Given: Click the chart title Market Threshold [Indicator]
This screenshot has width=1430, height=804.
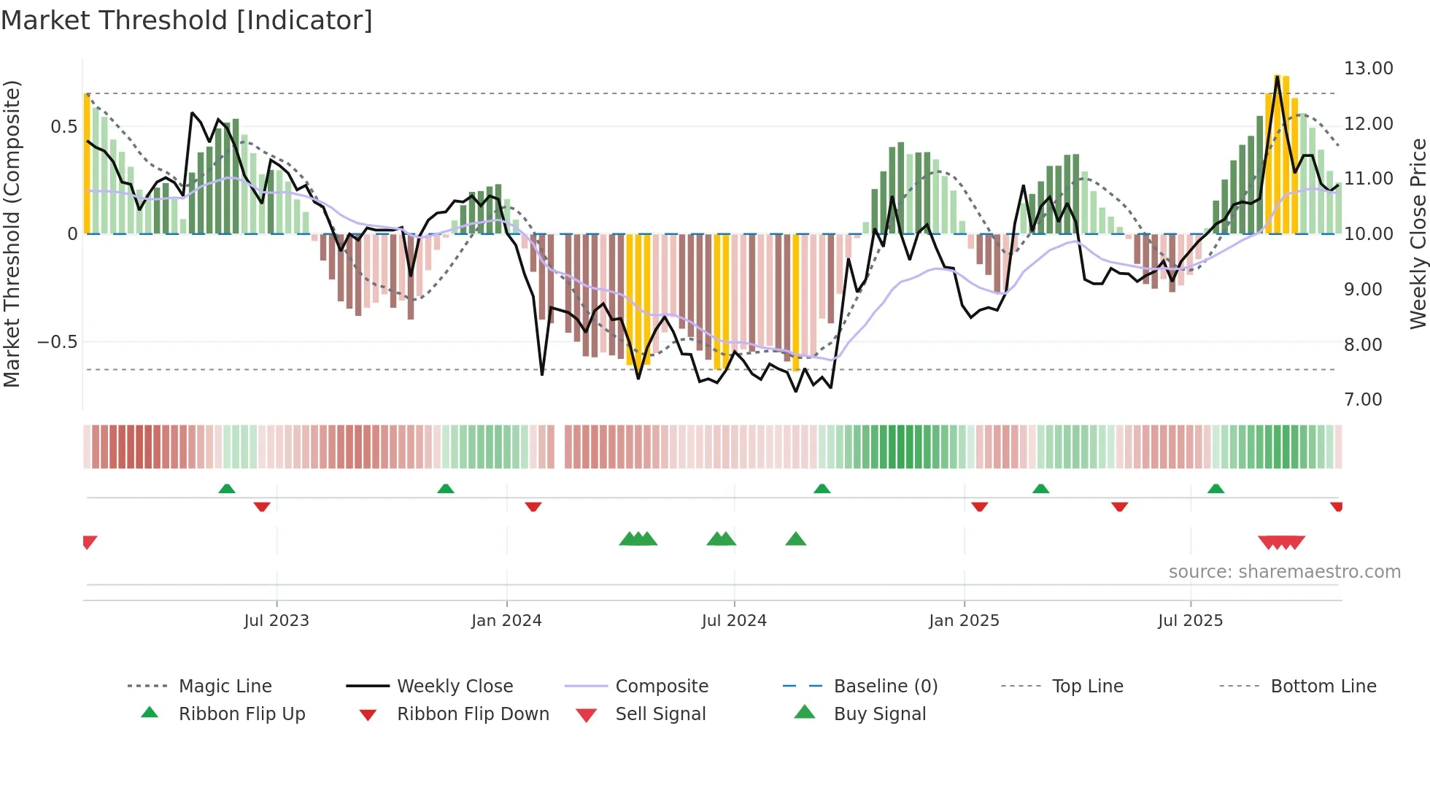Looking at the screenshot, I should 187,20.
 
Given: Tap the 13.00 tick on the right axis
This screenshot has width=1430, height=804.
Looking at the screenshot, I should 1368,69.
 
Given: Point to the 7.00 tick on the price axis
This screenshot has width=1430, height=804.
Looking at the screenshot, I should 1363,400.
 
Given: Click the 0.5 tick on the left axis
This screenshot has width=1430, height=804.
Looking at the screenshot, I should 63,127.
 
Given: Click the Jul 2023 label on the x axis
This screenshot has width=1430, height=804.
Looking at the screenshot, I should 277,621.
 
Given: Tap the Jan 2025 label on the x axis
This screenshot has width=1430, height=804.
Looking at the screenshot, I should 964,621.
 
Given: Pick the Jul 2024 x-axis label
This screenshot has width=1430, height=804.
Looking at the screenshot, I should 734,621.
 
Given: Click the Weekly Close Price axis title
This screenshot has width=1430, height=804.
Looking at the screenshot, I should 1418,233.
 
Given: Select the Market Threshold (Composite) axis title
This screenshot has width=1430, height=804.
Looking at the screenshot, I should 12,233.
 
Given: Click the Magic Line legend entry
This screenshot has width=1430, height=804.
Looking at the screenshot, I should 225,687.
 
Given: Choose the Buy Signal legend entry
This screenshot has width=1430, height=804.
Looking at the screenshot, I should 879,714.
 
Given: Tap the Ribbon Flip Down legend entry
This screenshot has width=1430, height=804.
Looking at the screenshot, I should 472,714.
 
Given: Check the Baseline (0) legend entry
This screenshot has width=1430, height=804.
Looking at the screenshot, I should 885,687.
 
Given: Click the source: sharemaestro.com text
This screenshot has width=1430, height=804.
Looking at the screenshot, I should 1284,572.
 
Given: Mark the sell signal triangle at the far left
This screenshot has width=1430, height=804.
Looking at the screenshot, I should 89,541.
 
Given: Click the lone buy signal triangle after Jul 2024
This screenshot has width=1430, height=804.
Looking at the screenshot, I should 795,539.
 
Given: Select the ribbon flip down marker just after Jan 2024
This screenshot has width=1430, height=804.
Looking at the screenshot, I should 533,506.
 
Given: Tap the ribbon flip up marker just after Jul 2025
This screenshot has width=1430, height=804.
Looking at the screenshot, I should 1215,489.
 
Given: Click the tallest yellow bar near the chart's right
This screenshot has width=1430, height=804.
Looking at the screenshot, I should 1278,153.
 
